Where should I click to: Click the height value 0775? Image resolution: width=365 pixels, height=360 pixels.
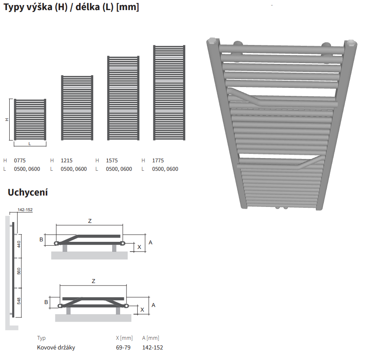coord(20,161)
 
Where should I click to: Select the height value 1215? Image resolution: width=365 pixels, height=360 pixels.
coord(67,161)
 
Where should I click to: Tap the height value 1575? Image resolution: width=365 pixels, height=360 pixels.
coord(112,161)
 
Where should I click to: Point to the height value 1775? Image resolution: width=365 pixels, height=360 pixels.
coord(158,161)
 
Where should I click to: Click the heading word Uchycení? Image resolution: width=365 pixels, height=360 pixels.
coord(28,193)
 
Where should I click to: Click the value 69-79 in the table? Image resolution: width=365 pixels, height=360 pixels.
coord(123,347)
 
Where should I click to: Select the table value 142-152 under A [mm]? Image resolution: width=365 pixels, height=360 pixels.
coord(152,347)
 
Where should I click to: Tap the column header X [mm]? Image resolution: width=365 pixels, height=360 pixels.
coord(124,338)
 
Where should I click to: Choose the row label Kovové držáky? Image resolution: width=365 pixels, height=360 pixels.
coord(56,347)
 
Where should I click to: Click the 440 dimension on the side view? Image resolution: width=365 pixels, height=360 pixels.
coord(19,244)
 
